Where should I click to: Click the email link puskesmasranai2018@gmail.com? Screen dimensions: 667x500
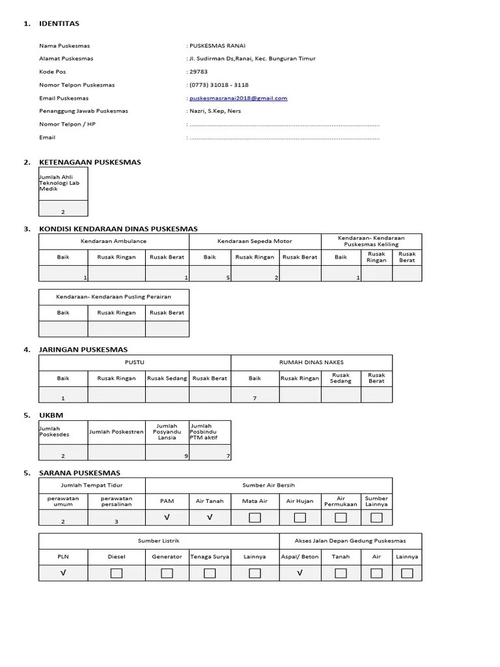click(x=238, y=98)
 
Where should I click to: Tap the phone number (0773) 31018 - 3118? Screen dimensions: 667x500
click(x=219, y=85)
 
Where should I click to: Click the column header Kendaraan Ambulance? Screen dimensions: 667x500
click(x=113, y=241)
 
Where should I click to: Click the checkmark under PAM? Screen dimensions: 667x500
click(x=167, y=518)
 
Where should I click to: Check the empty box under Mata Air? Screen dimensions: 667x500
click(x=255, y=518)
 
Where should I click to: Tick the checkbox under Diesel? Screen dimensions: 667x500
click(x=116, y=573)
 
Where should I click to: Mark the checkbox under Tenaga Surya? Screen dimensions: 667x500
click(x=210, y=573)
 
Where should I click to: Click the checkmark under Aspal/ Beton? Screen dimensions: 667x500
click(x=300, y=573)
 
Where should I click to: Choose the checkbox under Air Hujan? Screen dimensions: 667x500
click(x=300, y=518)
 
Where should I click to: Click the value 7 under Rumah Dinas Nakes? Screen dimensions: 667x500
click(x=255, y=397)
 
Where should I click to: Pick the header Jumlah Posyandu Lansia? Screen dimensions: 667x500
click(x=167, y=432)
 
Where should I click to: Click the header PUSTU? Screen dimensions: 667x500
click(x=134, y=362)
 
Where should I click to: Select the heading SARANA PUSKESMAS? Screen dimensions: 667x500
click(x=80, y=473)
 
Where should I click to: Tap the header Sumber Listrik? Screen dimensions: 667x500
click(x=158, y=541)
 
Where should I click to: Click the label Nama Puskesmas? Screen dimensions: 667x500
click(x=64, y=46)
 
